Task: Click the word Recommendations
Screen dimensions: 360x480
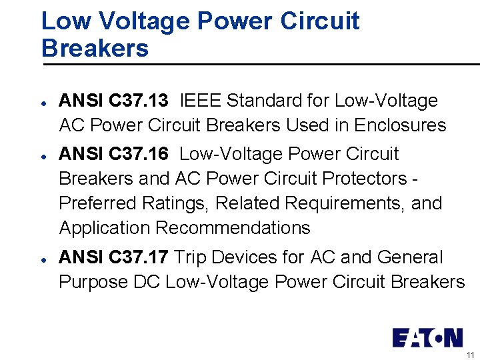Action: pos(233,228)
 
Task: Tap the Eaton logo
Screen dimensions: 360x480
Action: pos(427,337)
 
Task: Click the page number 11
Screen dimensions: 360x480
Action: pos(470,355)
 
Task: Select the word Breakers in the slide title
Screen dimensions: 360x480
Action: pos(95,48)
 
